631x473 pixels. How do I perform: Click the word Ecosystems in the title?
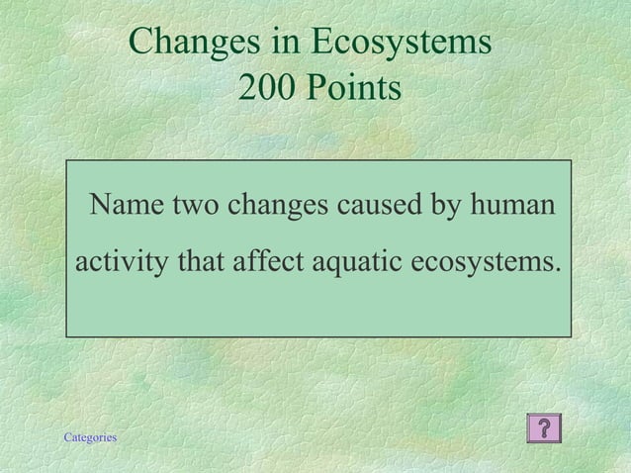click(x=401, y=42)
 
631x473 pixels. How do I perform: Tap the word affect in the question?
click(x=269, y=263)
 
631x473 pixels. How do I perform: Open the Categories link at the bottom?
click(x=89, y=437)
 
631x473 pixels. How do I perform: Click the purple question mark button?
click(x=545, y=427)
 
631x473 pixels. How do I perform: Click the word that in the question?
click(x=202, y=263)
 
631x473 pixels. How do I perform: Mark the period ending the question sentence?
click(x=555, y=271)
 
